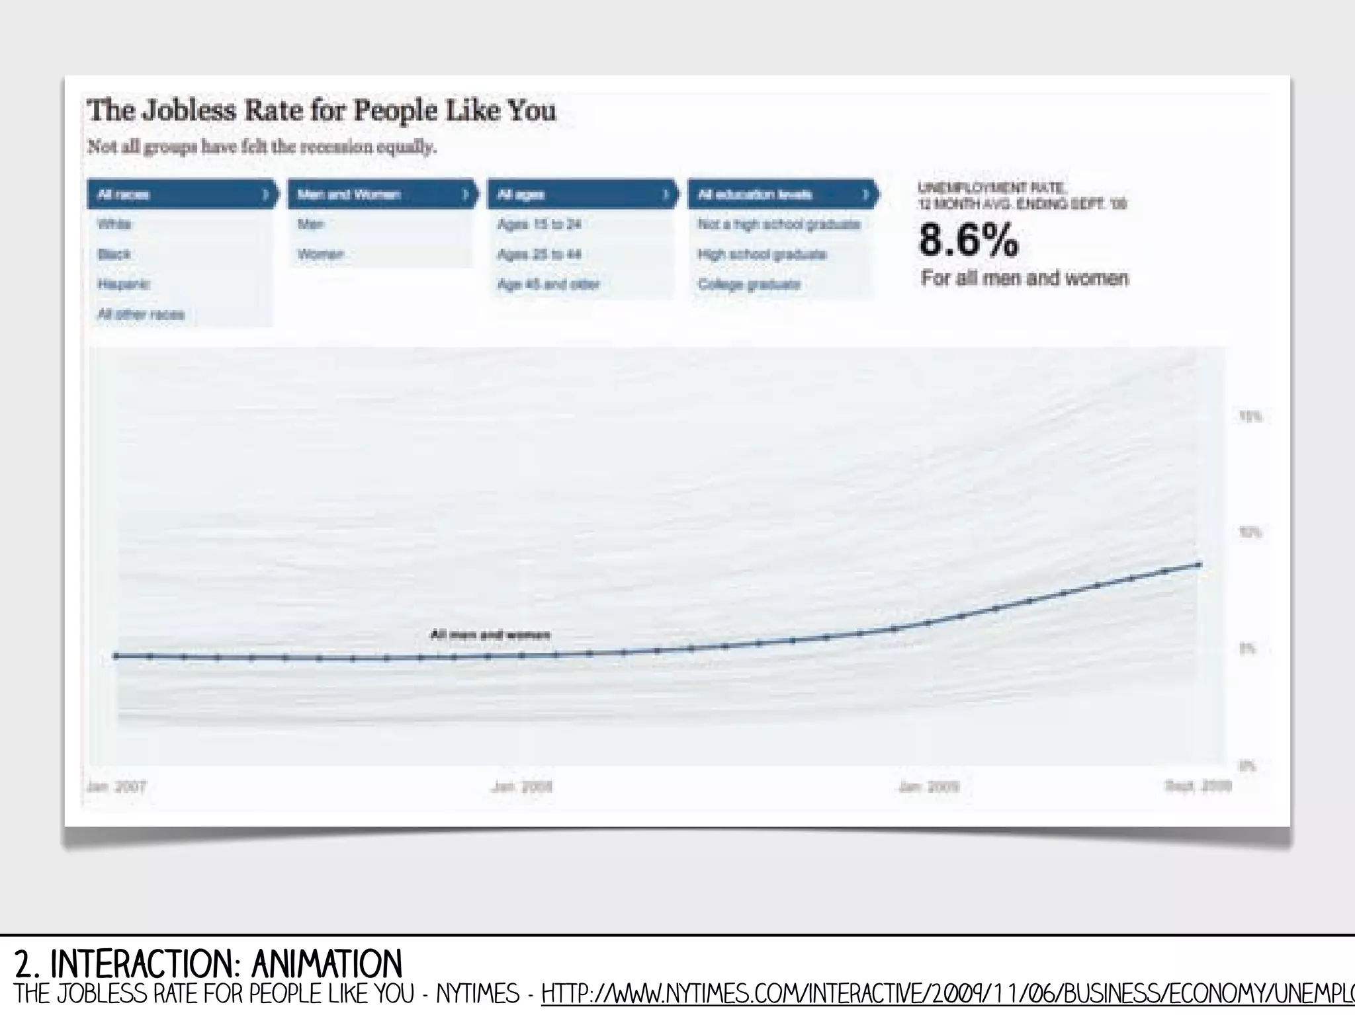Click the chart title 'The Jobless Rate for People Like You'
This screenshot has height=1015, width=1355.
click(322, 110)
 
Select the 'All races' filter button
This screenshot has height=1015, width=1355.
click(181, 194)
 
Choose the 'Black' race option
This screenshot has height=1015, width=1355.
click(114, 255)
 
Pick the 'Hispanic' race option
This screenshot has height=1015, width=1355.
click(124, 284)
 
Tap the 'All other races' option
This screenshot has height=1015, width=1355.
click(141, 315)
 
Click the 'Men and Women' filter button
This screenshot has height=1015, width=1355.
click(381, 194)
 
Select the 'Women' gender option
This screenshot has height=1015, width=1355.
click(321, 255)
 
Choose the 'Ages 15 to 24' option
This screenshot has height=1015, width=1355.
click(539, 224)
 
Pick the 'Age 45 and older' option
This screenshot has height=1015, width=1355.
click(548, 284)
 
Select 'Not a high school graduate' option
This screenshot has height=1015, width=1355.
click(779, 224)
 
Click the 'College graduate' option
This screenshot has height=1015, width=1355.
click(749, 284)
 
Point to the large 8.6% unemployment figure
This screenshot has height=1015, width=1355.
click(969, 240)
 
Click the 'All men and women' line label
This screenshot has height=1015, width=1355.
click(490, 635)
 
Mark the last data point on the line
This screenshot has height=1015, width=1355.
click(1199, 565)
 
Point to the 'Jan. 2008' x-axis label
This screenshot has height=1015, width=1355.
click(522, 787)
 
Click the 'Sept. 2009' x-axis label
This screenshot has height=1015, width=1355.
click(1198, 786)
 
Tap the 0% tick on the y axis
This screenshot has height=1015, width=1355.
click(1246, 766)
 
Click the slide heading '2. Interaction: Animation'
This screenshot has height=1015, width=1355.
click(208, 964)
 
